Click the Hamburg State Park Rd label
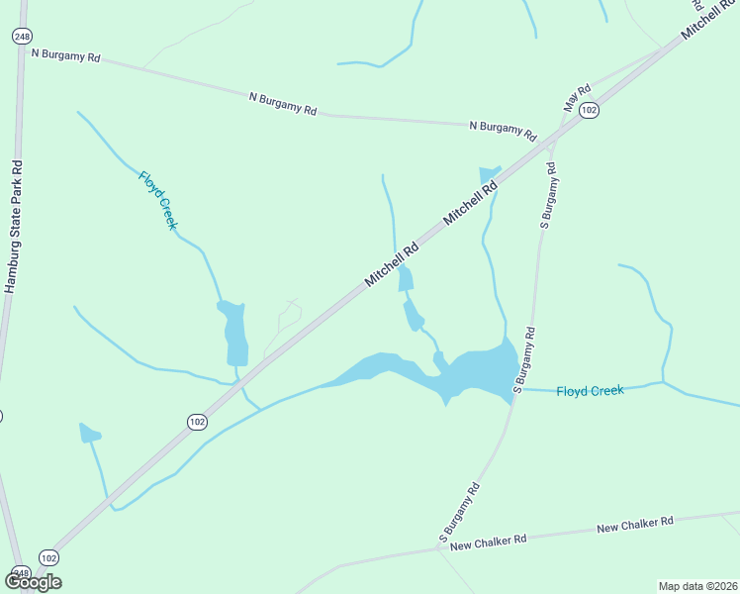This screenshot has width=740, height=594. (12, 227)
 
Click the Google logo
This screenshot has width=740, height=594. (33, 581)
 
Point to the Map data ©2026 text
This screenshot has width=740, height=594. (696, 585)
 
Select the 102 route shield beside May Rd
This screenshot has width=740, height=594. (589, 110)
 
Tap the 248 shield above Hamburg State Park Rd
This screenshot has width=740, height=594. (22, 36)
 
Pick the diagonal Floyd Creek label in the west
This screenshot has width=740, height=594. (158, 201)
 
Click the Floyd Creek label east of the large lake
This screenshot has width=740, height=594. (590, 391)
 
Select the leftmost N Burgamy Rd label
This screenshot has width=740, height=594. (66, 56)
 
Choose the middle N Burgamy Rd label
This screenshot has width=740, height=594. (283, 104)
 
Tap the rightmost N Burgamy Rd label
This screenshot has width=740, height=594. (503, 131)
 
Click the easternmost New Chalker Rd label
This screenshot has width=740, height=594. (635, 523)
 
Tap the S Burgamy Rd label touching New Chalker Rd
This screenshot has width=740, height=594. (460, 513)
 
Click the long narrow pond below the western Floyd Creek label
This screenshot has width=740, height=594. (235, 333)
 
